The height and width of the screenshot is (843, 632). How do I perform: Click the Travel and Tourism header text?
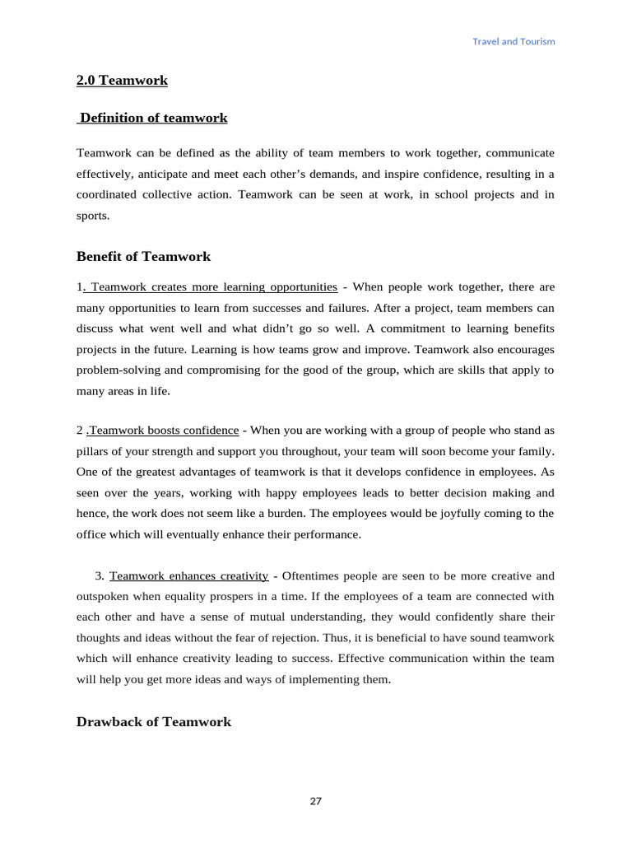[513, 41]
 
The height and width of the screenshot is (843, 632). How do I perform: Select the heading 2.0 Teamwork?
[122, 81]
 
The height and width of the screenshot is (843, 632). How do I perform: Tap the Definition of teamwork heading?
[153, 118]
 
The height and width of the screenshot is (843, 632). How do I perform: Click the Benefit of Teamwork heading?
[143, 256]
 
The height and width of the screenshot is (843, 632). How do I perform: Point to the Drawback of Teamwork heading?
[154, 722]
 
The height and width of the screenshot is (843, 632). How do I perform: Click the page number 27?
[316, 801]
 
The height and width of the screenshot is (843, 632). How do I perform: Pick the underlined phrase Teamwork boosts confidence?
[164, 431]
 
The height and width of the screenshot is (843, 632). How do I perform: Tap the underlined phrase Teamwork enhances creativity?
[188, 575]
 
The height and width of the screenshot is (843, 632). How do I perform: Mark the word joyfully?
[438, 513]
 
